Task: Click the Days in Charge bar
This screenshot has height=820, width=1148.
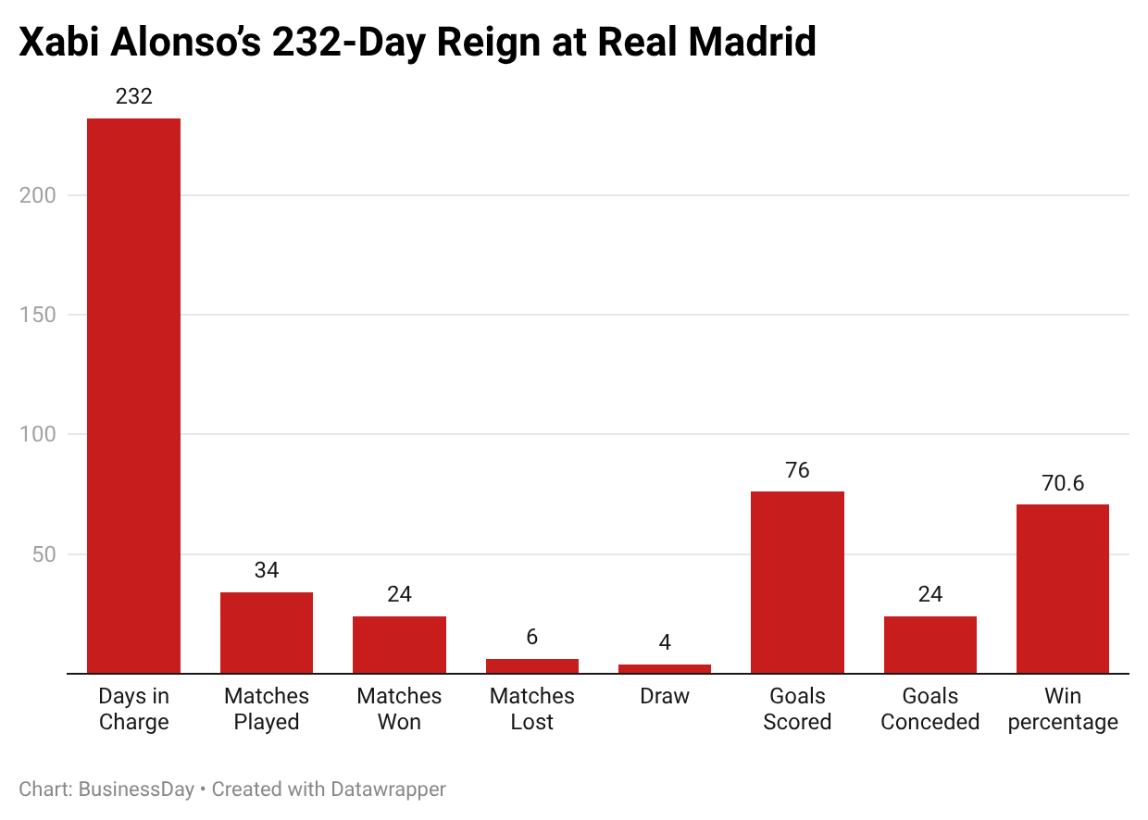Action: click(133, 395)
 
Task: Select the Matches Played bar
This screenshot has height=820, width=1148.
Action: click(267, 632)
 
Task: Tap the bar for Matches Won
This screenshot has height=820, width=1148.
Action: click(399, 644)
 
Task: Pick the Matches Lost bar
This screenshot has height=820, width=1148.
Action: click(532, 665)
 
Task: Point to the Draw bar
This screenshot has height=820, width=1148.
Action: click(665, 668)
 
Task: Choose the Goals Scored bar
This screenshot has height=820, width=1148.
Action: click(797, 582)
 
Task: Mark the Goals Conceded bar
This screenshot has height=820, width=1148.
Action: click(930, 644)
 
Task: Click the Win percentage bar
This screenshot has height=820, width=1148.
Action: click(1063, 589)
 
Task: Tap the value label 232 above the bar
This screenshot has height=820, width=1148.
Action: click(133, 96)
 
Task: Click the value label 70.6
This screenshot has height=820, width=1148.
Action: click(1063, 483)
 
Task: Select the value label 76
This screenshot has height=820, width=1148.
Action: click(797, 470)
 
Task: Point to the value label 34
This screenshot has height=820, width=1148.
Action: click(267, 570)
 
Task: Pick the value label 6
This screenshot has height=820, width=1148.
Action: click(532, 637)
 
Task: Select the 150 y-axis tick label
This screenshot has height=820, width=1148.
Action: click(38, 315)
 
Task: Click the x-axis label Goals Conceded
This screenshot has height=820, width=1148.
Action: click(930, 709)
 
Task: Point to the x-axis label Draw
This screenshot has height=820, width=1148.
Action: click(665, 696)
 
